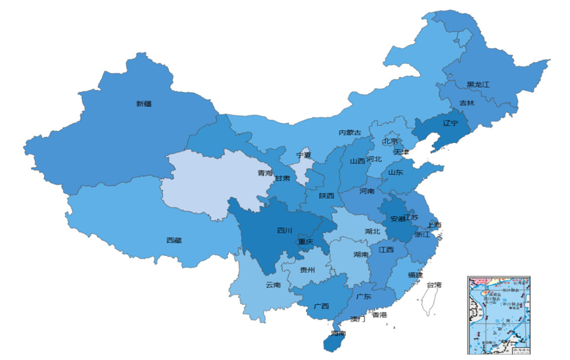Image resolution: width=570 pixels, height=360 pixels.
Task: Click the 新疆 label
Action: [x=144, y=104]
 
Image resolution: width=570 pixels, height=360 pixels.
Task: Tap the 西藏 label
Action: [x=174, y=241]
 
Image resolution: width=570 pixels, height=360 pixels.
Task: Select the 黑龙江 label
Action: [x=478, y=84]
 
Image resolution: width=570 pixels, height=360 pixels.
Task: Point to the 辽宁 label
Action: [x=450, y=123]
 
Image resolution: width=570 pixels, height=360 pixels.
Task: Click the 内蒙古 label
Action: [x=350, y=132]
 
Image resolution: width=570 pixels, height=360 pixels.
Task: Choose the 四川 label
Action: [x=284, y=230]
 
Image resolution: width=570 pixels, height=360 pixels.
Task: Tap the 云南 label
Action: [x=273, y=285]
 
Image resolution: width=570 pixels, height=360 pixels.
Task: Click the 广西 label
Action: [x=321, y=306]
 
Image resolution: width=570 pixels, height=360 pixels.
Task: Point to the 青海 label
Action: [x=265, y=173]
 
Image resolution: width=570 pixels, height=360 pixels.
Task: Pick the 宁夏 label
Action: [x=303, y=155]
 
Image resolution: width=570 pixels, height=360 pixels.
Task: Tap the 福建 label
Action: [x=415, y=275]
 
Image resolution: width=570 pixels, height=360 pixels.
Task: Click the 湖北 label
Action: [x=372, y=231]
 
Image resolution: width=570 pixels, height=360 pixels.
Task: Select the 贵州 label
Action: [x=307, y=270]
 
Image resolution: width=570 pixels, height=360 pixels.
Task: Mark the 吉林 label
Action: [x=467, y=103]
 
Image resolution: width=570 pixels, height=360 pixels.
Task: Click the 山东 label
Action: [x=395, y=172]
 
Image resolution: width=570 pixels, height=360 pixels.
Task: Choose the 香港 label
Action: [x=379, y=315]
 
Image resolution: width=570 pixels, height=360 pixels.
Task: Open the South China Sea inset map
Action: [x=499, y=315]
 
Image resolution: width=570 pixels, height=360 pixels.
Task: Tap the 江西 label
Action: [x=386, y=250]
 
